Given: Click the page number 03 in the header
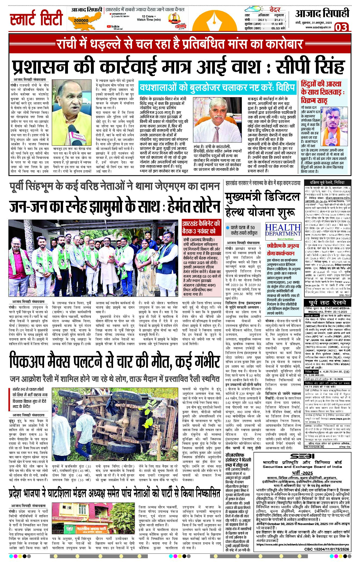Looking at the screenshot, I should pos(341,27).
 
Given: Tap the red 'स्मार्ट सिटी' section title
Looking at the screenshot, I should pos(36,19).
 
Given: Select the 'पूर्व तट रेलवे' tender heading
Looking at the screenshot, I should pos(327,303).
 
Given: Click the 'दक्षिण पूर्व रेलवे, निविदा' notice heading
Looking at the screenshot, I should pos(327,182).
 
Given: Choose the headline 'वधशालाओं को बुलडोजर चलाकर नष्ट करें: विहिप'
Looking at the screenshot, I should pos(217,88).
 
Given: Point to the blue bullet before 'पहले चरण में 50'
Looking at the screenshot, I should pos(228,228).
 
